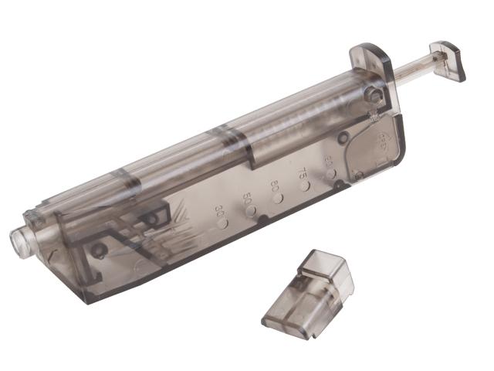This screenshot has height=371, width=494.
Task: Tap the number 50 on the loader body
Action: coord(249,196)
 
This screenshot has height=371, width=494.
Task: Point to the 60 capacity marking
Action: coord(274,185)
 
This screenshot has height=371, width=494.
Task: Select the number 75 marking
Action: coord(303,174)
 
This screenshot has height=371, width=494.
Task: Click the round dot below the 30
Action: coord(224,223)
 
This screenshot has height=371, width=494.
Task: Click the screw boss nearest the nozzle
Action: coord(99,250)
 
